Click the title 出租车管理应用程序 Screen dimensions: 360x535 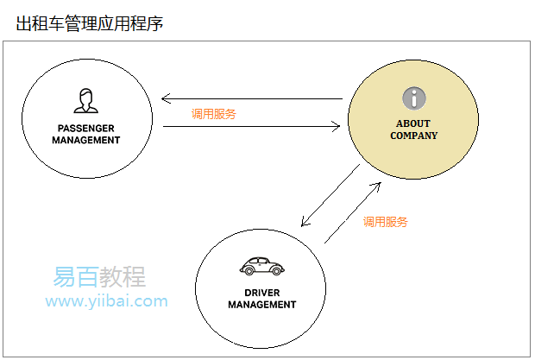[x=90, y=22]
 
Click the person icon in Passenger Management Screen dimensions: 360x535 [x=85, y=101]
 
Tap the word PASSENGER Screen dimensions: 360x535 [x=85, y=128]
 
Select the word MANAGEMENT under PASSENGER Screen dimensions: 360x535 [x=85, y=140]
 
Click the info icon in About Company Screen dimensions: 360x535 [x=413, y=98]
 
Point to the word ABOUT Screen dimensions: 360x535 [x=413, y=123]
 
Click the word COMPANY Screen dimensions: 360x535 [x=413, y=136]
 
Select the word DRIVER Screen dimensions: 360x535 [x=261, y=293]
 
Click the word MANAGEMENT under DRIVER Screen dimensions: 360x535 [x=261, y=305]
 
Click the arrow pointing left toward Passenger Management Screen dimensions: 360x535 [x=250, y=98]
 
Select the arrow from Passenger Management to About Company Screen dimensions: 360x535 [x=250, y=127]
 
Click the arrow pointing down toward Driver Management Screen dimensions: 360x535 [x=331, y=195]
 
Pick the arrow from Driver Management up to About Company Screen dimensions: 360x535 [x=352, y=212]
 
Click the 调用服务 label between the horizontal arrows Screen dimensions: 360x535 [x=214, y=113]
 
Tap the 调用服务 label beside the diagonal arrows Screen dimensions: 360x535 [x=385, y=222]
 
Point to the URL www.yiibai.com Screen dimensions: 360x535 [x=106, y=301]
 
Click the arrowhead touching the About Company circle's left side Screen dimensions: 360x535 [x=337, y=127]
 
